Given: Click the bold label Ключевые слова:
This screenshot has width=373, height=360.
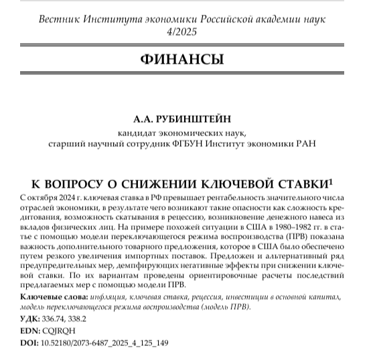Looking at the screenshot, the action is pos(53,296).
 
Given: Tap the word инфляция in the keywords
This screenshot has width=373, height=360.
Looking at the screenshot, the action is pos(106,296).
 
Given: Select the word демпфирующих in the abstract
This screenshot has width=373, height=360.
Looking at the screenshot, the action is pos(175,264).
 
